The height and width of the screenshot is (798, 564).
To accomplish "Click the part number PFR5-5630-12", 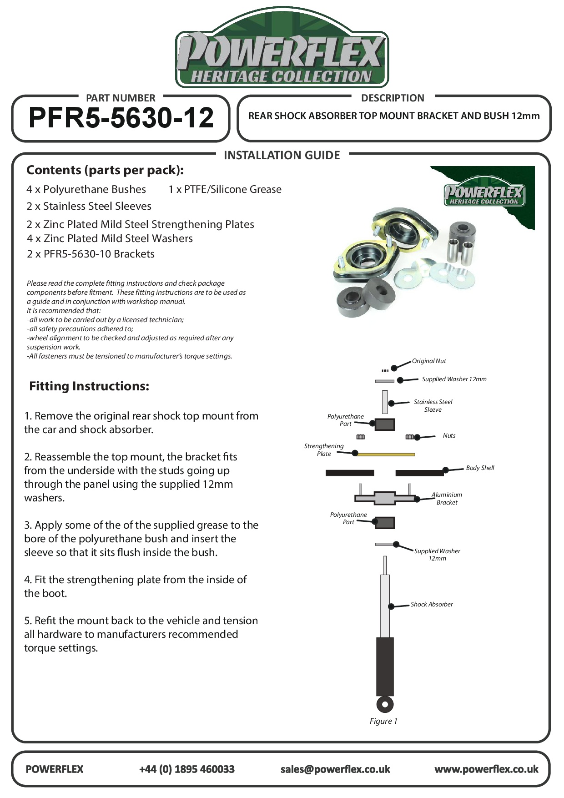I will coord(121,118).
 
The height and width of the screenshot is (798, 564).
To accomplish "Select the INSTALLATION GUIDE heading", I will coord(282,156).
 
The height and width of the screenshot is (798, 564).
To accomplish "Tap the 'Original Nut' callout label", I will coord(428,361).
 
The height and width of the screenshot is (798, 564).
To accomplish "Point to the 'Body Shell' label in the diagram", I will coord(479,468).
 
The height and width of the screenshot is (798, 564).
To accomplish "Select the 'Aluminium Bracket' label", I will coord(447,499).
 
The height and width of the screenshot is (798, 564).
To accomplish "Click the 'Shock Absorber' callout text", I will coord(431,605).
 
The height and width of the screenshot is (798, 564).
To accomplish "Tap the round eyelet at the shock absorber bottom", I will coord(385,704).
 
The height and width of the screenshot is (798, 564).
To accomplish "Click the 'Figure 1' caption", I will coord(383,721).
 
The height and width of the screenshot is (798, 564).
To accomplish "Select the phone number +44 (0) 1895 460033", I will coord(186,769).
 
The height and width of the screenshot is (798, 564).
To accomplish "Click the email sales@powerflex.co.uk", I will coord(335,769).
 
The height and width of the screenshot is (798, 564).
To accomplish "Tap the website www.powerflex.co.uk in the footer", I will coord(486,769).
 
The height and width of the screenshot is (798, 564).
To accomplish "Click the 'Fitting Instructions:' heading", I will coord(89,386).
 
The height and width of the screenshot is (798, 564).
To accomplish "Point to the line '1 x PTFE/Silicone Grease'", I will coord(225,190).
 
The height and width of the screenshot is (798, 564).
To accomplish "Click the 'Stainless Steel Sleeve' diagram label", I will coord(433,406).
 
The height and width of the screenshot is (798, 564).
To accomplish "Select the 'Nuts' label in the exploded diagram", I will coord(449,436).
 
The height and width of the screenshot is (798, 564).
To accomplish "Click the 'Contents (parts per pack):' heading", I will coord(105,170).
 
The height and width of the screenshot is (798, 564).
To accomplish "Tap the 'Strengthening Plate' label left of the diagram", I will coord(324,450).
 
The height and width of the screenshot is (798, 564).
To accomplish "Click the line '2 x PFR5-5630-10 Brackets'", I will coord(91,254).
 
